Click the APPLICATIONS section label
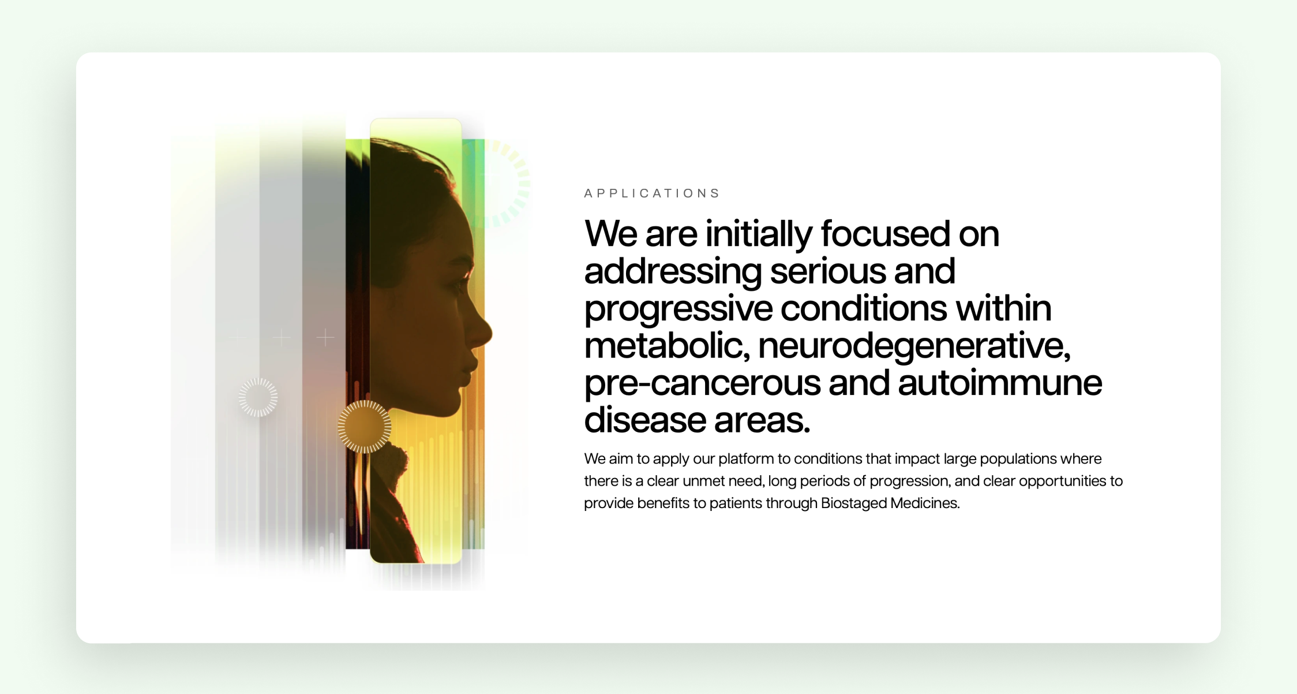pos(652,193)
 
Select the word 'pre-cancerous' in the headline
pos(702,383)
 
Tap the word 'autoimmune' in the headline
pos(999,382)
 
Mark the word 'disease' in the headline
pos(644,419)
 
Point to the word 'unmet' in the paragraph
pos(703,481)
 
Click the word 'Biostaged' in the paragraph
pos(853,503)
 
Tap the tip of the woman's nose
pos(490,333)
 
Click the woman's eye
pos(459,285)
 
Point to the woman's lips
pos(472,370)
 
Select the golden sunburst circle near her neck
pos(365,427)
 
